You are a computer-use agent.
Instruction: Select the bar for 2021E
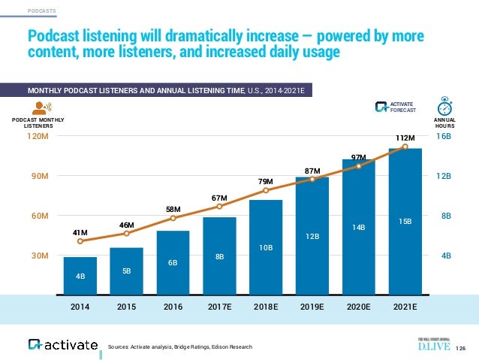click(405, 218)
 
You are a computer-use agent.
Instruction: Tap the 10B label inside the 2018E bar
click(267, 247)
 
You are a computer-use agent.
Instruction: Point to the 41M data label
click(80, 231)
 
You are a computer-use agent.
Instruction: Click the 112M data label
click(405, 138)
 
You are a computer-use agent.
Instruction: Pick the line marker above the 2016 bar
click(173, 218)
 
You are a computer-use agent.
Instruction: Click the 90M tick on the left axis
click(38, 177)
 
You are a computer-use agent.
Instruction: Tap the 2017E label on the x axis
click(219, 307)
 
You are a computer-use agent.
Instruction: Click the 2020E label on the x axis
click(359, 307)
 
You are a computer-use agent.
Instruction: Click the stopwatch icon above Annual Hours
click(445, 105)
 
